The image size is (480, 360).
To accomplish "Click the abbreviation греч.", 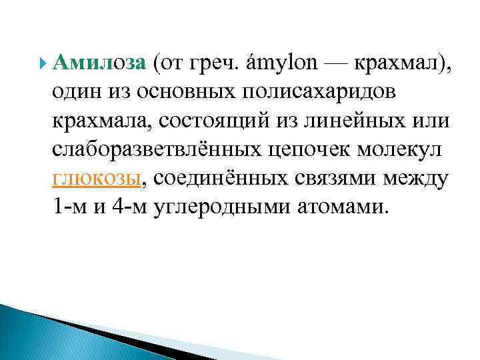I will pos(217,64).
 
